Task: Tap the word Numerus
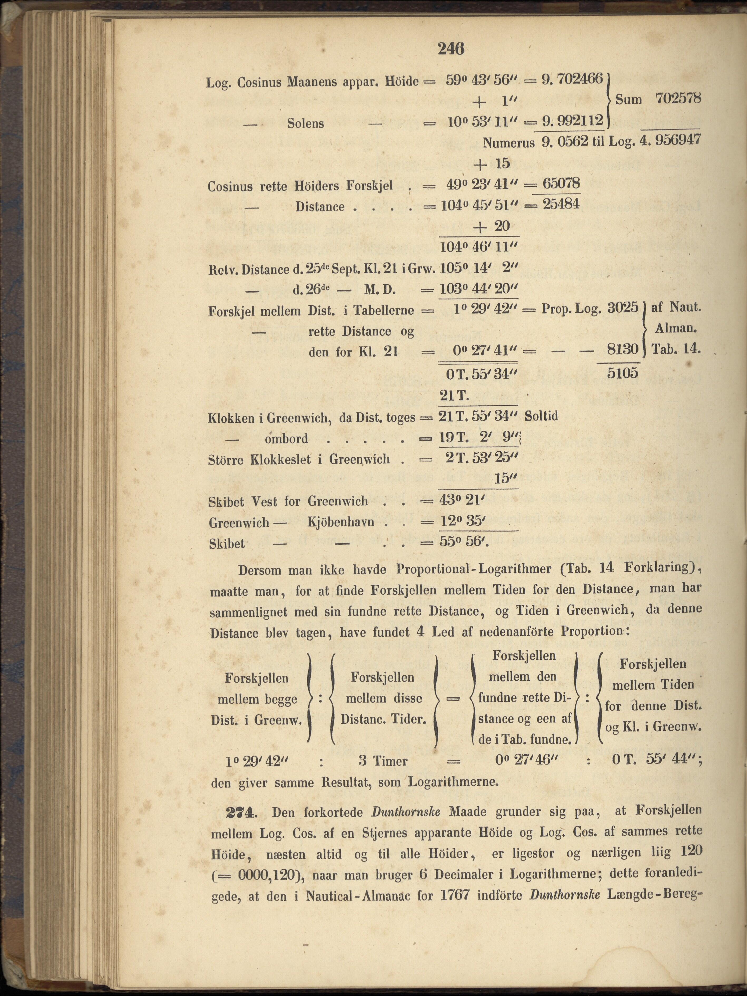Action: point(509,143)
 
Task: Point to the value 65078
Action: point(561,184)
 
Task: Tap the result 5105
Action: point(623,373)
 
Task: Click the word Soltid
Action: point(541,415)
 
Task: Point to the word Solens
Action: point(306,123)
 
